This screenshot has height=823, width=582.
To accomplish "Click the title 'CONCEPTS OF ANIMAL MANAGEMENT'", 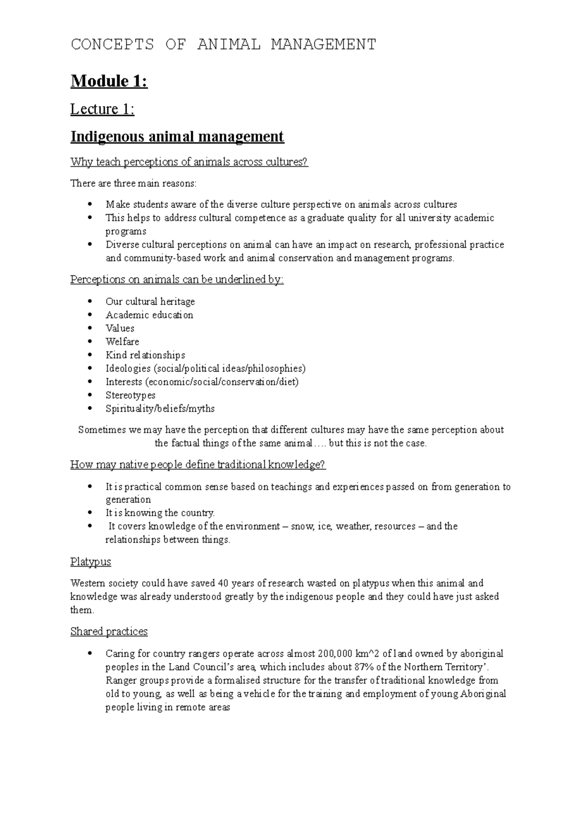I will tap(223, 45).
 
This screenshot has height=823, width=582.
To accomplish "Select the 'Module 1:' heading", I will tap(109, 81).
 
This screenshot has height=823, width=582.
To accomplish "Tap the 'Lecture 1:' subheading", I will tap(102, 110).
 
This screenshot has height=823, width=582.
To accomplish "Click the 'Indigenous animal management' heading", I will tap(177, 137).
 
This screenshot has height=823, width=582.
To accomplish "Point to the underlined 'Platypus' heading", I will tap(91, 562).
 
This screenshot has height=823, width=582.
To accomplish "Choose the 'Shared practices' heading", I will tap(109, 632).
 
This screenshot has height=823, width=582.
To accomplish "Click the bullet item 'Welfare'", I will tap(122, 342).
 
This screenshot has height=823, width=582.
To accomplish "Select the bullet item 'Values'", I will tap(120, 328).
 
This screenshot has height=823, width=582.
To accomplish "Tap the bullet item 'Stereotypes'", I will tap(130, 395).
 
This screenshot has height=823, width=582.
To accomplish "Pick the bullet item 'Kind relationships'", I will tap(145, 355).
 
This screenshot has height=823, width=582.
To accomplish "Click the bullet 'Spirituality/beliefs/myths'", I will tap(160, 409).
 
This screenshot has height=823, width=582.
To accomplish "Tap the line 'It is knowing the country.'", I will tap(160, 513).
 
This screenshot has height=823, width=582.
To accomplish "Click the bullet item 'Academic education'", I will tap(149, 315).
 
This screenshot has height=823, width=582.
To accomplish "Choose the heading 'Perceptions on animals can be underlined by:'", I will tap(177, 280).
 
